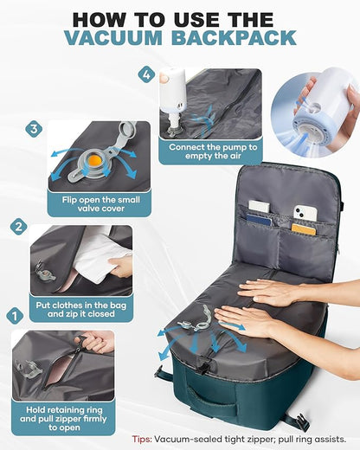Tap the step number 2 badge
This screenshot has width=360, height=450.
(18, 227)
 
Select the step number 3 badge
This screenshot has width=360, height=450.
(35, 128)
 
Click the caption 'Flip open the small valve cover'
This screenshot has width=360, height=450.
(99, 202)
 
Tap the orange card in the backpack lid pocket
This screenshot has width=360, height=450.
(303, 229)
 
